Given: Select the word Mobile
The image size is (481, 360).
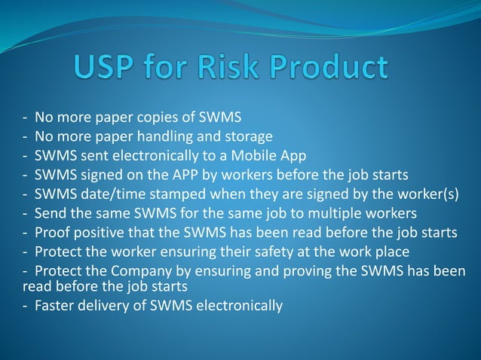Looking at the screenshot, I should (x=258, y=155).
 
